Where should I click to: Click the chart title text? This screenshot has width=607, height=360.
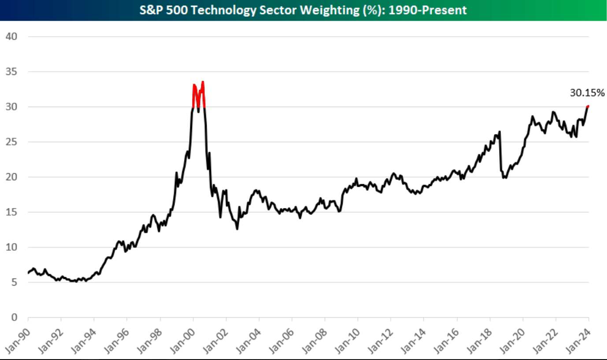click(303, 10)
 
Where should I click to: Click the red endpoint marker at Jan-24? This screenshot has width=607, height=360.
click(588, 106)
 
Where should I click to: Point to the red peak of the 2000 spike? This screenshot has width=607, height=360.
click(203, 82)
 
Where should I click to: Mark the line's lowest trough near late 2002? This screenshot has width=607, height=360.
click(237, 229)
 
